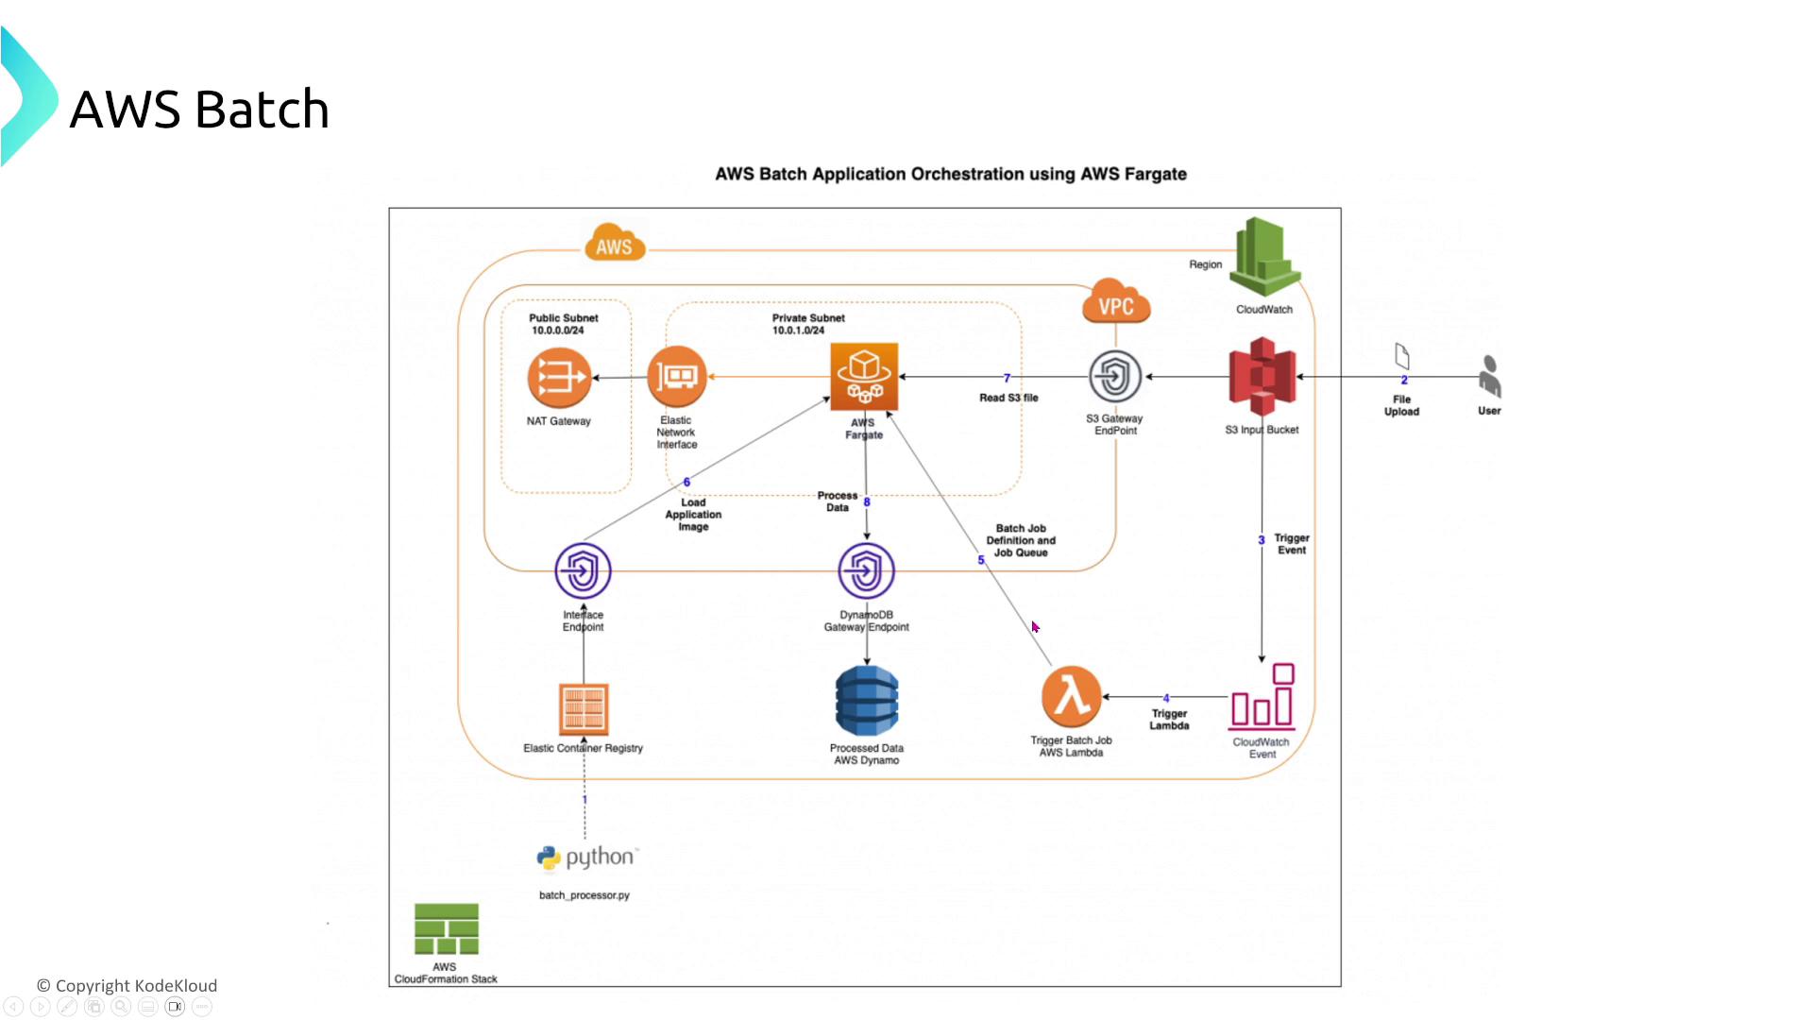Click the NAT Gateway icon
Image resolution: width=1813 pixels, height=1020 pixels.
tap(559, 378)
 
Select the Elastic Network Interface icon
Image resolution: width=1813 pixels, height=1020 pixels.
tap(677, 377)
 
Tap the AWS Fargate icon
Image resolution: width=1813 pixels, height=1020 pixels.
tap(864, 377)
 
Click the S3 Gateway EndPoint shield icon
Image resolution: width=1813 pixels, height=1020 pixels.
tap(1115, 377)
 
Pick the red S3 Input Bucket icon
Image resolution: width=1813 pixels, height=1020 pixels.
tap(1262, 377)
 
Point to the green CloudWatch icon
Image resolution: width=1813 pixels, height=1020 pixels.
tap(1264, 257)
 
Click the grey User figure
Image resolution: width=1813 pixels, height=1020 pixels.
tap(1489, 376)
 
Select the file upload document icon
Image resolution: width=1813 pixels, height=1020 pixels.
tap(1402, 356)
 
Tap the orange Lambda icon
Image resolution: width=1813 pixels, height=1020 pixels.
tap(1072, 697)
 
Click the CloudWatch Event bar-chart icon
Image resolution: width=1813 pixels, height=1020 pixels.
tap(1262, 698)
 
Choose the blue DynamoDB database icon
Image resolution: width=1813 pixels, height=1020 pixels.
tap(867, 701)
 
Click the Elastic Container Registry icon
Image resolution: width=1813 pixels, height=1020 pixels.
tap(584, 709)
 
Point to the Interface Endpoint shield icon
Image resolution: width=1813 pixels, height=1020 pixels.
tap(583, 570)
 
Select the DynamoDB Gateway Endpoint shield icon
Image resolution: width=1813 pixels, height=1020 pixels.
tap(866, 570)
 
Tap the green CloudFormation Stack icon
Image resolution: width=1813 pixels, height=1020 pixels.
tap(446, 929)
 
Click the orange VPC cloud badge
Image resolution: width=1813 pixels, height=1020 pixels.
tap(1116, 302)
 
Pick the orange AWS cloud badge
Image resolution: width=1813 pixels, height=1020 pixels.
tap(615, 243)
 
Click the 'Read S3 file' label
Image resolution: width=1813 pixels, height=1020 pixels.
tap(1008, 398)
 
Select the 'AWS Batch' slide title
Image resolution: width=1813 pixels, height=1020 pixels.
tap(199, 110)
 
